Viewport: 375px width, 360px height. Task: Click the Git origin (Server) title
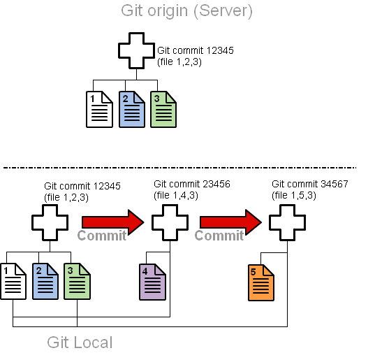tap(186, 11)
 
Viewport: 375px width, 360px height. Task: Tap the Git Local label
tap(80, 343)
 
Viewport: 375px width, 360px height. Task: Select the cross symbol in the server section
tap(137, 50)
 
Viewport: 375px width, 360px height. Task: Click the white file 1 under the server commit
tap(99, 109)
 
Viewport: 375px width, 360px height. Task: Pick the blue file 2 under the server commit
tap(132, 109)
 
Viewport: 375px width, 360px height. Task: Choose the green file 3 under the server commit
tap(163, 109)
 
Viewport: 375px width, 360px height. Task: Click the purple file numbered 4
tap(152, 282)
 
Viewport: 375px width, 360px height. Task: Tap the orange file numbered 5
tap(261, 282)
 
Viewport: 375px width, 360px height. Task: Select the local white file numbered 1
tap(13, 281)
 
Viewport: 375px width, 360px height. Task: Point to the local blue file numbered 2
tap(45, 281)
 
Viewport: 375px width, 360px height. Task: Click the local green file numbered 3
tap(77, 281)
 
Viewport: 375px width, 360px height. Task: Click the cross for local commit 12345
tap(50, 222)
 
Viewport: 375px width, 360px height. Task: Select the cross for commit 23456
tap(170, 222)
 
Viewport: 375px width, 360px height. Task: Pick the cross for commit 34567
tap(287, 222)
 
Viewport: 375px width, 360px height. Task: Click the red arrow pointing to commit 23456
tap(113, 222)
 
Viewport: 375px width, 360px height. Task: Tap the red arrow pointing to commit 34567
tap(230, 222)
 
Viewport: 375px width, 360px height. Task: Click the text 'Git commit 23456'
tap(192, 184)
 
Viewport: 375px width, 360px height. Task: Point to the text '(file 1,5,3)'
tap(294, 196)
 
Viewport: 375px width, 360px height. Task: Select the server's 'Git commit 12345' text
tap(196, 50)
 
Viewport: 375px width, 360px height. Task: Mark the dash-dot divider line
tap(180, 168)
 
